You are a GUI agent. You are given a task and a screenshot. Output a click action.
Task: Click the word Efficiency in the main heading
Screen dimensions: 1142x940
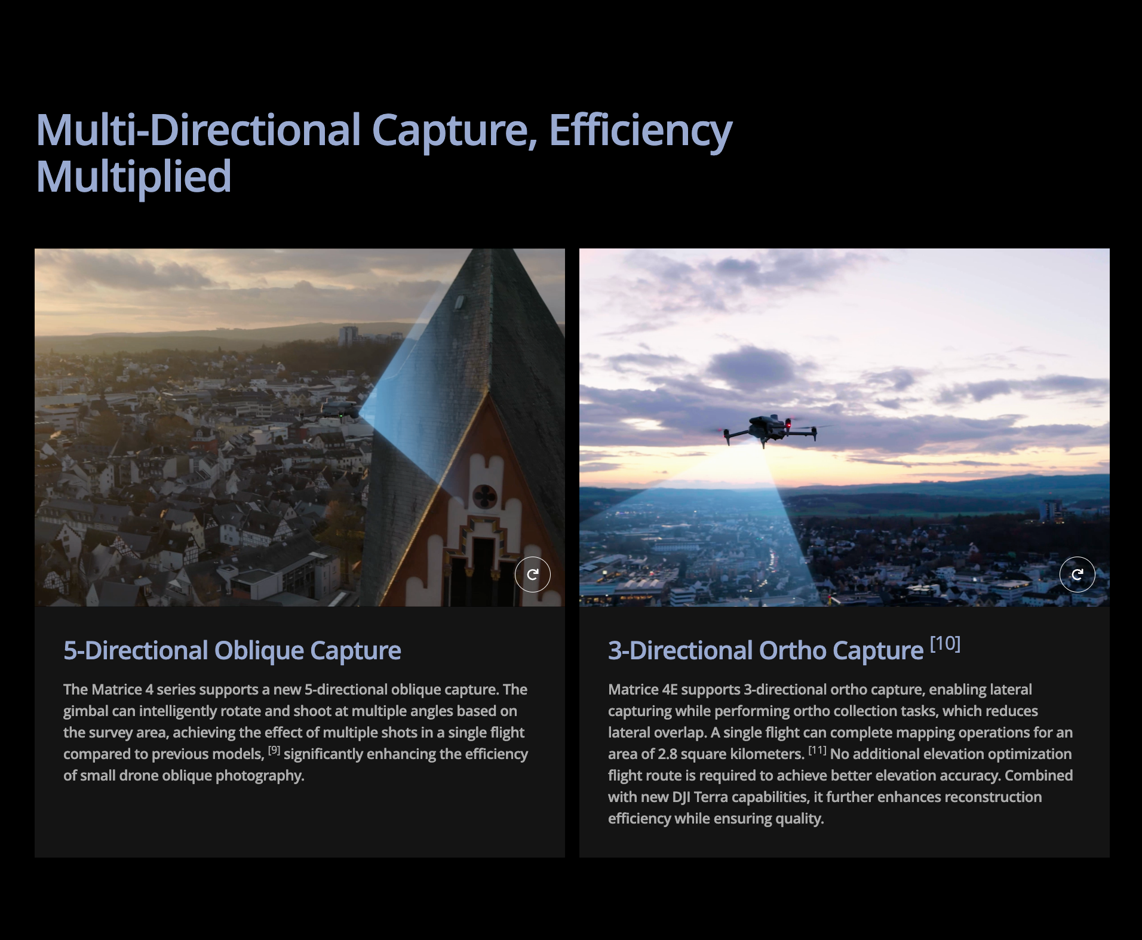(640, 131)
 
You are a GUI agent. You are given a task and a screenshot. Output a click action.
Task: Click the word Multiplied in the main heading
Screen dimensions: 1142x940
(134, 177)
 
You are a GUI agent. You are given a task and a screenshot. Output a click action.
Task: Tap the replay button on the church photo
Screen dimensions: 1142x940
(532, 575)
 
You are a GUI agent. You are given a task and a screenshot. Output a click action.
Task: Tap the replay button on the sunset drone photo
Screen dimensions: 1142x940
(1077, 575)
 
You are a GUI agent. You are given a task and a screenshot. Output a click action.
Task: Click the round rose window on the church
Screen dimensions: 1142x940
(484, 496)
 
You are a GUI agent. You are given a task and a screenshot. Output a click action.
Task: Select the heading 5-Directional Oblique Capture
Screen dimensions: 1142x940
(232, 650)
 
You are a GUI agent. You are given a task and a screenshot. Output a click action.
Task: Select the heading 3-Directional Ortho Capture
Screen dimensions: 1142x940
(766, 650)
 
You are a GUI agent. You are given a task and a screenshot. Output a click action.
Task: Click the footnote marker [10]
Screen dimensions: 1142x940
(945, 643)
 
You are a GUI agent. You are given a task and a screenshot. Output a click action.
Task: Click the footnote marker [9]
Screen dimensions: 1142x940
(274, 750)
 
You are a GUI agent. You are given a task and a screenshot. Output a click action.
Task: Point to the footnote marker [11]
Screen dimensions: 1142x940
(818, 750)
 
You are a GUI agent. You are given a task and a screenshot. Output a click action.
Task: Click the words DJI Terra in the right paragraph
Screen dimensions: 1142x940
(700, 797)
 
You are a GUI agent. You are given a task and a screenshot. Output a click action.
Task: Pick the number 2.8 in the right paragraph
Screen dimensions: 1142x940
(667, 754)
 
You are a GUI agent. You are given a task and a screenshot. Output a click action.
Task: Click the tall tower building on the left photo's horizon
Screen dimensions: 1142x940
(348, 336)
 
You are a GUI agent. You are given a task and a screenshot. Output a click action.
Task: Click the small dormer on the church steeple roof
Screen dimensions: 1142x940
(459, 302)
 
